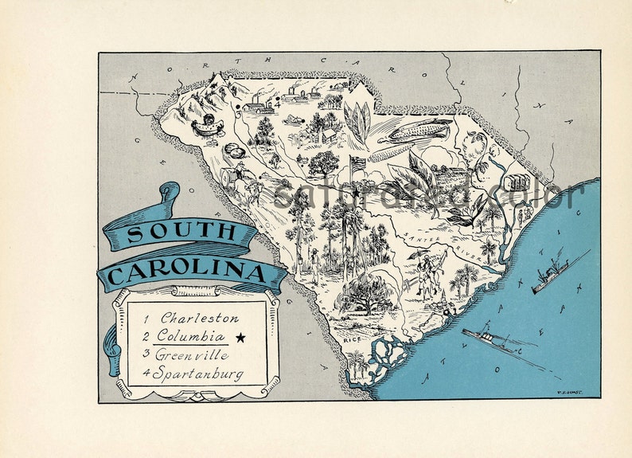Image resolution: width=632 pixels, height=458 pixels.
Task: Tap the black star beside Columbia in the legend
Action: [240, 338]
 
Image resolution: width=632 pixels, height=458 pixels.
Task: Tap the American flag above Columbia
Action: [357, 162]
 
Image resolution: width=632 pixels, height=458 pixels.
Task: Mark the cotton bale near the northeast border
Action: [517, 182]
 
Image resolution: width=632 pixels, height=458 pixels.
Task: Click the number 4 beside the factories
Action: [278, 103]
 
